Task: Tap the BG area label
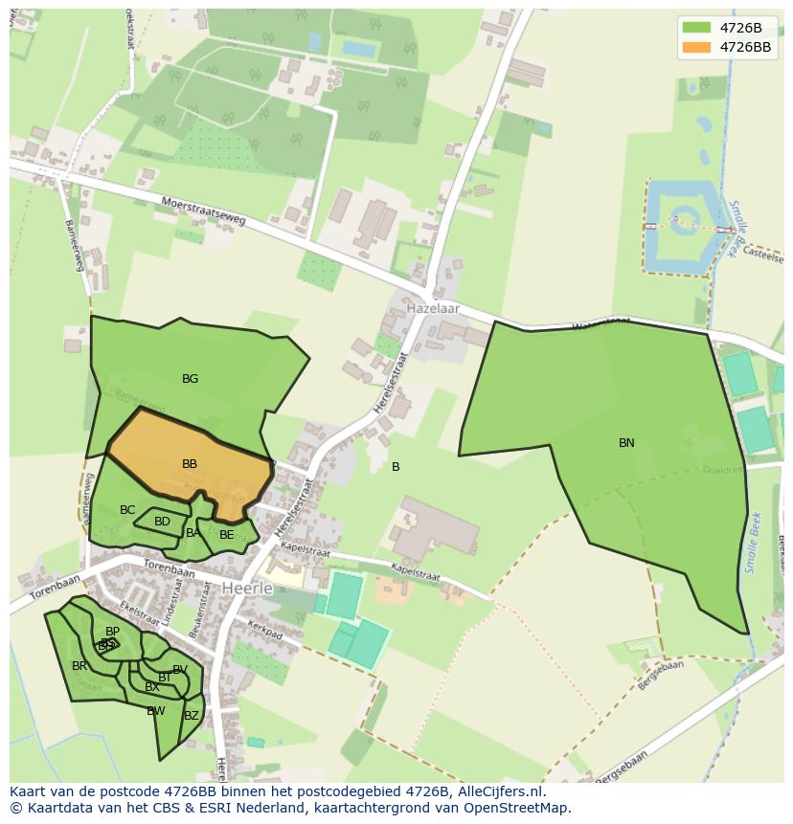(190, 379)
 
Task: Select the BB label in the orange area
(190, 464)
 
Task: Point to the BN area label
(626, 443)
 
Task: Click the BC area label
(127, 510)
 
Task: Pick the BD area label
(162, 522)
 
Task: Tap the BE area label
(226, 535)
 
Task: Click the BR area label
(79, 666)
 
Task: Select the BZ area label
(192, 716)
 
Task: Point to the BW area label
(156, 711)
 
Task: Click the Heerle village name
(247, 588)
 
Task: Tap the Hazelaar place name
(433, 309)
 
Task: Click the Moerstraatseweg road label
(204, 211)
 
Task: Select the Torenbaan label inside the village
(169, 570)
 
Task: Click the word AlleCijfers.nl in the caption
(498, 792)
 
